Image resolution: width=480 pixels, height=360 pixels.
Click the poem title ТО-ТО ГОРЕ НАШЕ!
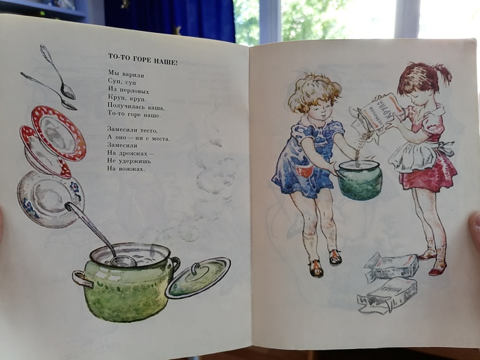pos(143,59)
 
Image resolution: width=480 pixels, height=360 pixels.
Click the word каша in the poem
pos(156,108)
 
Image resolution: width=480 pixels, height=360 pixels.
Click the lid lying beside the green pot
pos(198,277)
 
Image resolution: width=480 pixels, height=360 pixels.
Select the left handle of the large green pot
pos(82,278)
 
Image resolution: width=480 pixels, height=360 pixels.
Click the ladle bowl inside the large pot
pos(123,261)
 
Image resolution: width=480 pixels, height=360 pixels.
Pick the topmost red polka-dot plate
pos(58,132)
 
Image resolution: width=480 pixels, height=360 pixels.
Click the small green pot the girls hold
pos(360,180)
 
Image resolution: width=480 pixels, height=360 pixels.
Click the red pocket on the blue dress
pos(305,170)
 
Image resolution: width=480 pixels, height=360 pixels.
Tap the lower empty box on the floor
pos(387,295)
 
